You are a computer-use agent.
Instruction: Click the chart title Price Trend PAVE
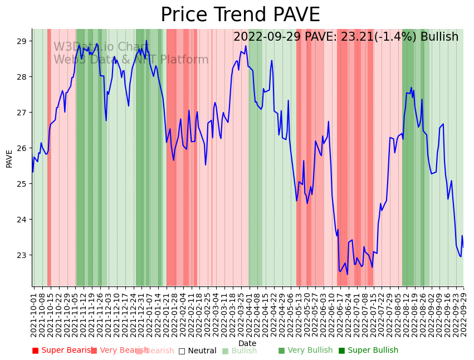[x=240, y=15]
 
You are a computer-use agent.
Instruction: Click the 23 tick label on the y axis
[x=22, y=255]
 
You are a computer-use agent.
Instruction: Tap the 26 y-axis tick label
[x=22, y=148]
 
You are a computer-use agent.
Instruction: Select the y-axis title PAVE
[x=9, y=158]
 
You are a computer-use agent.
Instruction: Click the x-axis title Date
[x=247, y=344]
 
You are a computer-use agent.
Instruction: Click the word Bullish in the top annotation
[x=439, y=37]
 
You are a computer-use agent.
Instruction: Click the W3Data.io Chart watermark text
[x=101, y=47]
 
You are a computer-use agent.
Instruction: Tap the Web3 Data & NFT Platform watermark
[x=131, y=60]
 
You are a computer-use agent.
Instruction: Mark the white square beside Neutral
[x=182, y=351]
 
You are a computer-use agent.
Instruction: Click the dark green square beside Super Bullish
[x=342, y=351]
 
